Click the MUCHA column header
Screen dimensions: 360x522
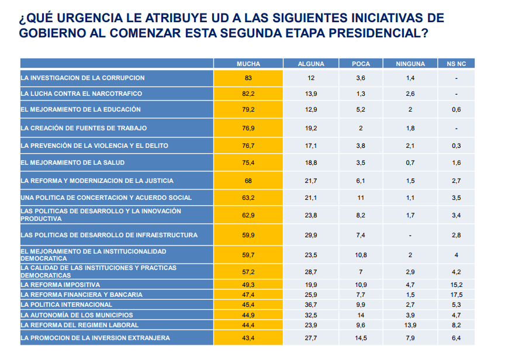point(248,64)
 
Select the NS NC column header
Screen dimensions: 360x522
point(456,64)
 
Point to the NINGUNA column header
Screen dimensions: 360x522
point(410,64)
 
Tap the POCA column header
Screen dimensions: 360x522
point(361,64)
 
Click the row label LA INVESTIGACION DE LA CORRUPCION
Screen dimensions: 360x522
point(82,78)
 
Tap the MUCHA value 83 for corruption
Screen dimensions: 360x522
point(248,78)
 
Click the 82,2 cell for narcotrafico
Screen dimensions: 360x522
point(248,94)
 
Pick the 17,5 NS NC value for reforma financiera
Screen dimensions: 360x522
point(456,295)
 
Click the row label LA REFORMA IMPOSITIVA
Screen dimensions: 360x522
point(57,285)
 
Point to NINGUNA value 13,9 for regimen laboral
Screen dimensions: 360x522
point(410,325)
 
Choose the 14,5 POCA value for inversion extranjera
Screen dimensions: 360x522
point(361,338)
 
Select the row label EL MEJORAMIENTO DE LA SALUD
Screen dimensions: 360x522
point(72,162)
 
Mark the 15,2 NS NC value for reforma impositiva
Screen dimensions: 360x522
point(456,285)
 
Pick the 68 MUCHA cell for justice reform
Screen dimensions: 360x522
point(248,181)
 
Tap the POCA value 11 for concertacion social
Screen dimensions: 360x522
point(361,198)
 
